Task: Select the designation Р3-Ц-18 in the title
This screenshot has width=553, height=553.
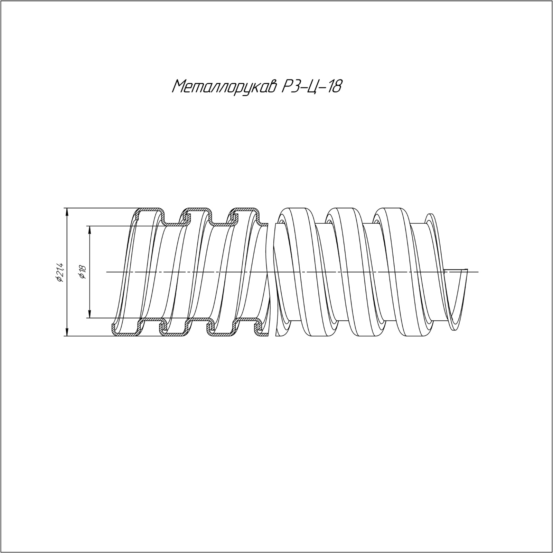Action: [x=312, y=86]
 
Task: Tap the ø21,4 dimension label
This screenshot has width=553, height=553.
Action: [x=59, y=272]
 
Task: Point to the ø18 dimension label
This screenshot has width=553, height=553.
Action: [x=82, y=272]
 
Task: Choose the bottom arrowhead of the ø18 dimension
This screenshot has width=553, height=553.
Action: [x=90, y=314]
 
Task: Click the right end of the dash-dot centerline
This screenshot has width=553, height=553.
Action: [x=478, y=272]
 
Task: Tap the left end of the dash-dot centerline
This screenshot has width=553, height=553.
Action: [x=106, y=272]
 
